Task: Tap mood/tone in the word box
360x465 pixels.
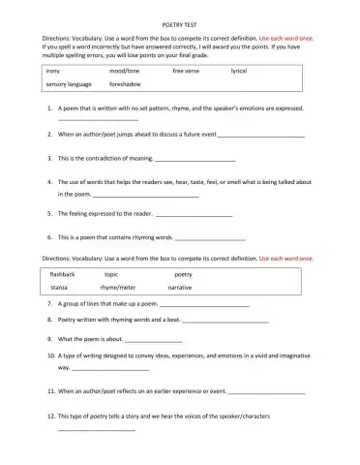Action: pos(123,72)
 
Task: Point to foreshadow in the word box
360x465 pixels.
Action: pos(125,85)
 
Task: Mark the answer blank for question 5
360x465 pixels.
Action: pos(195,214)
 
